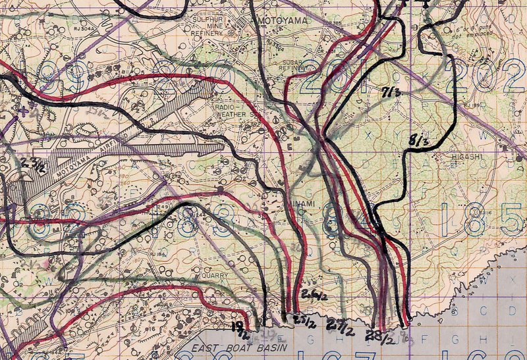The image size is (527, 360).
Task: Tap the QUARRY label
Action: point(215,276)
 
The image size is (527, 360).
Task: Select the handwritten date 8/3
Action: point(420,140)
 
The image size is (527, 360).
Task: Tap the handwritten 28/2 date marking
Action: point(381,337)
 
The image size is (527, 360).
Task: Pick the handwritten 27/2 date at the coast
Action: point(339,326)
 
